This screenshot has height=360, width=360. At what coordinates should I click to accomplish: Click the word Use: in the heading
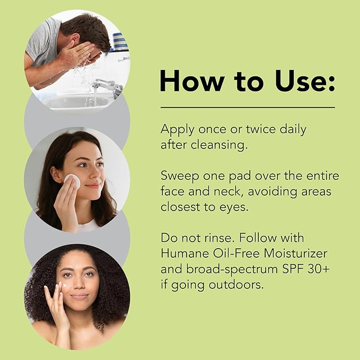(305, 81)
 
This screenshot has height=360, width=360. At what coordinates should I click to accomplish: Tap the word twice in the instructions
(261, 129)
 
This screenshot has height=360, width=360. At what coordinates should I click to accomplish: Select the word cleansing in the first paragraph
(219, 145)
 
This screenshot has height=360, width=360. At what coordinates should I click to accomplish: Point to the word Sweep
(180, 177)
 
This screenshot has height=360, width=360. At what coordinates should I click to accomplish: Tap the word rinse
(220, 238)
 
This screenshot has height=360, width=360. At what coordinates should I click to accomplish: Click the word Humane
(185, 253)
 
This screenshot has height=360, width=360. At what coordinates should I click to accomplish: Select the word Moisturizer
(295, 253)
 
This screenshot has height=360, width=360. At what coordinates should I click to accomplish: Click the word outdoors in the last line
(236, 285)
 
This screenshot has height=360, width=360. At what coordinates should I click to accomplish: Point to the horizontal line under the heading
(248, 107)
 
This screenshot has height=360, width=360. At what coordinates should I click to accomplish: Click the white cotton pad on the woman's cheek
(72, 181)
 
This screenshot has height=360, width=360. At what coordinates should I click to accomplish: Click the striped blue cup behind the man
(120, 41)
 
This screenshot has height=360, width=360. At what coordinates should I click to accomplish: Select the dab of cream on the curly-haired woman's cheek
(64, 286)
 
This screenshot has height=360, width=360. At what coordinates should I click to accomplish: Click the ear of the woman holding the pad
(56, 174)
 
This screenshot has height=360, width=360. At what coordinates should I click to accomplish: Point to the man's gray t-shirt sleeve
(43, 43)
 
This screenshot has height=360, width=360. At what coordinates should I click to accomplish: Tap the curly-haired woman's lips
(79, 296)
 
